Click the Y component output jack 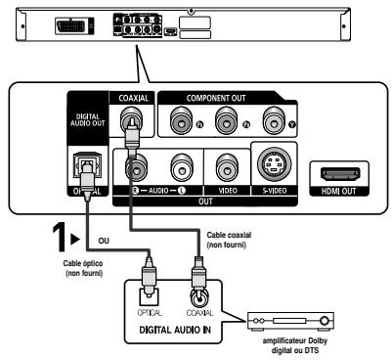(281, 120)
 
